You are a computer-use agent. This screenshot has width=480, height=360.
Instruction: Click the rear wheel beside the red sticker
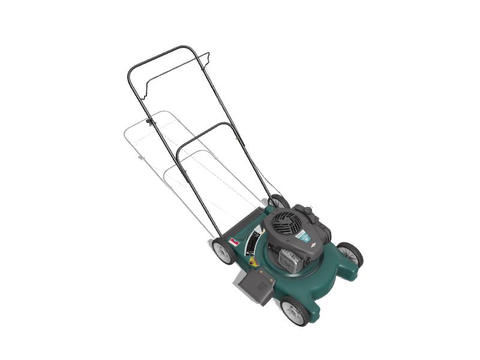224,251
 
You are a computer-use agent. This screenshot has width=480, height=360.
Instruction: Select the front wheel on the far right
350,254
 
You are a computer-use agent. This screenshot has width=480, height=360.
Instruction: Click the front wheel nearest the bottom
295,310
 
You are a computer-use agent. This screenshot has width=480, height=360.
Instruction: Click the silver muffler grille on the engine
292,262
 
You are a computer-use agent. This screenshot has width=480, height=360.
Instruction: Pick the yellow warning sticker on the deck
254,261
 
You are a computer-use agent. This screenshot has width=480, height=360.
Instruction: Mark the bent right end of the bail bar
208,58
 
